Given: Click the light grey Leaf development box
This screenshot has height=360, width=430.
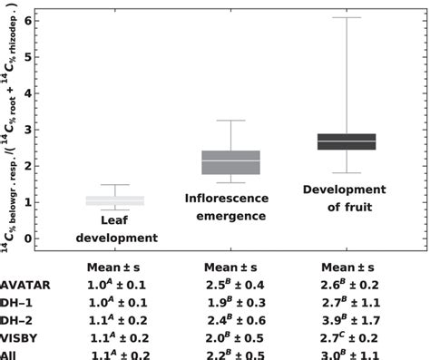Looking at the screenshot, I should [x=114, y=200].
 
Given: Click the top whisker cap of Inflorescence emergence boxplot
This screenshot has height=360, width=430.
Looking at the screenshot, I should [x=230, y=121].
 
